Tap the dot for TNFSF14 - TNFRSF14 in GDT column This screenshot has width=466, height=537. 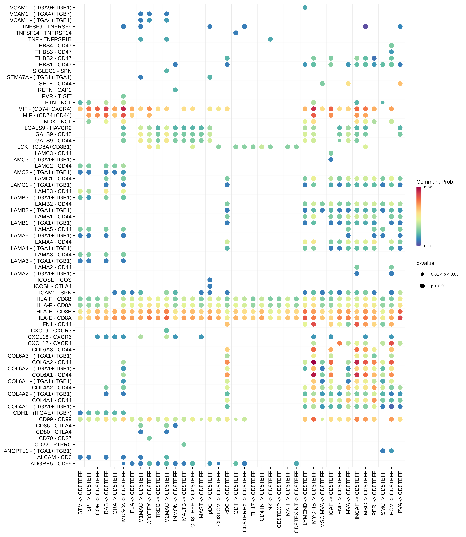pos(236,33)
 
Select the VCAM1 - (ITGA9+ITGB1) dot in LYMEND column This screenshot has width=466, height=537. pos(305,8)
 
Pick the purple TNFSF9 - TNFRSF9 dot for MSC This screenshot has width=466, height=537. pos(365,26)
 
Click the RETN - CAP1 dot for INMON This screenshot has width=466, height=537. pos(175,90)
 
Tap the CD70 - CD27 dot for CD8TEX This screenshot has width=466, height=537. pos(149,438)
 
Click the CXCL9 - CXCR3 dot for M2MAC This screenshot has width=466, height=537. pos(167,331)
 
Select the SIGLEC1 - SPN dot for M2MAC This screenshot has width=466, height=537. pos(167,71)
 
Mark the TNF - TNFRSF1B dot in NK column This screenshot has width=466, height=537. pos(270,39)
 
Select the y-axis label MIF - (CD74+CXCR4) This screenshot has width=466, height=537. pos(45,109)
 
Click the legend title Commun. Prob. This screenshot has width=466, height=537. pos(435,182)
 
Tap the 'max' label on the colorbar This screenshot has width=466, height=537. pos(428,187)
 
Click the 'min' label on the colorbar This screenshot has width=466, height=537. pos(427,246)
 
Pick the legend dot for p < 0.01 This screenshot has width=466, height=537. pos(422,286)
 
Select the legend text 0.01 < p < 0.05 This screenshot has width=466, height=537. pos(444,274)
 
